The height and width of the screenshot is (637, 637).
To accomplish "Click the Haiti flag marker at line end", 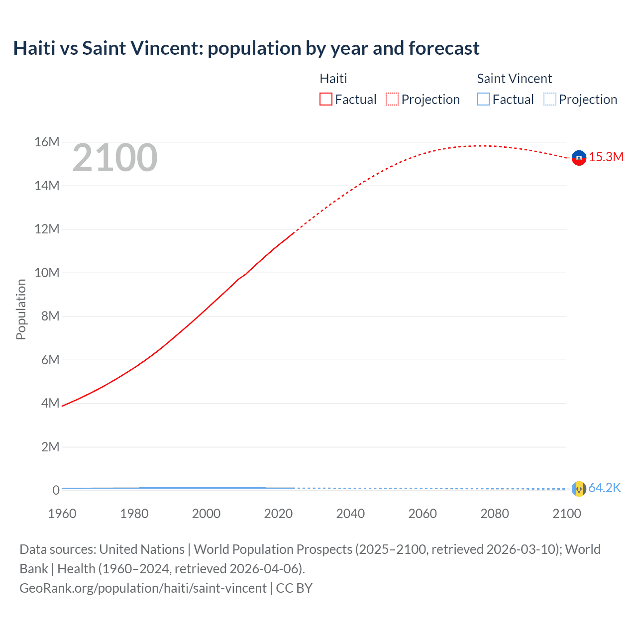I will pyautogui.click(x=579, y=158).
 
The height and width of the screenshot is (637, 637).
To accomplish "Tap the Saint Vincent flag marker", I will pyautogui.click(x=579, y=489).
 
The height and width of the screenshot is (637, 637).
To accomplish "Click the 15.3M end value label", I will pyautogui.click(x=606, y=157).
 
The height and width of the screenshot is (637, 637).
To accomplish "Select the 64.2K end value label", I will pyautogui.click(x=605, y=488).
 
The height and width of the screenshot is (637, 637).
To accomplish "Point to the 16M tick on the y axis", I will pyautogui.click(x=47, y=142).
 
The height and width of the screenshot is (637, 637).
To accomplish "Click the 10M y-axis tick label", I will pyautogui.click(x=47, y=273).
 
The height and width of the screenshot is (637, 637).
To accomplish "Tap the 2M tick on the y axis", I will pyautogui.click(x=50, y=447).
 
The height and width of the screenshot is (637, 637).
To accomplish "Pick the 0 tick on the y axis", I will pyautogui.click(x=56, y=490).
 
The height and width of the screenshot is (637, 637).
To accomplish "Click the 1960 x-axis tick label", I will pyautogui.click(x=62, y=514).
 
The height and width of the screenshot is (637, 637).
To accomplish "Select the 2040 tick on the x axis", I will pyautogui.click(x=350, y=514).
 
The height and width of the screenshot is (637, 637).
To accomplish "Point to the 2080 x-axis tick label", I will pyautogui.click(x=495, y=514).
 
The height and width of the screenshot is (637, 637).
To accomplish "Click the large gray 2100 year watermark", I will pyautogui.click(x=115, y=158).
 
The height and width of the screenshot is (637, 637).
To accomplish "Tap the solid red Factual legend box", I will pyautogui.click(x=326, y=100).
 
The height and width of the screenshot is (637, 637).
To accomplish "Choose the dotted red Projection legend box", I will pyautogui.click(x=392, y=100).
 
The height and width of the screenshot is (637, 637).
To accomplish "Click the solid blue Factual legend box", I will pyautogui.click(x=483, y=100).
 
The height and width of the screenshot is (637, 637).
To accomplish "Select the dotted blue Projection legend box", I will pyautogui.click(x=550, y=100).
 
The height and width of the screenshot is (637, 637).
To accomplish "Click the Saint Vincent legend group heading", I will pyautogui.click(x=514, y=79).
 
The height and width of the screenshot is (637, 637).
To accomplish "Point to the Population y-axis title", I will pyautogui.click(x=21, y=309).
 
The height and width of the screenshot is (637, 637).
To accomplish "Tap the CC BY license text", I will pyautogui.click(x=294, y=588).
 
